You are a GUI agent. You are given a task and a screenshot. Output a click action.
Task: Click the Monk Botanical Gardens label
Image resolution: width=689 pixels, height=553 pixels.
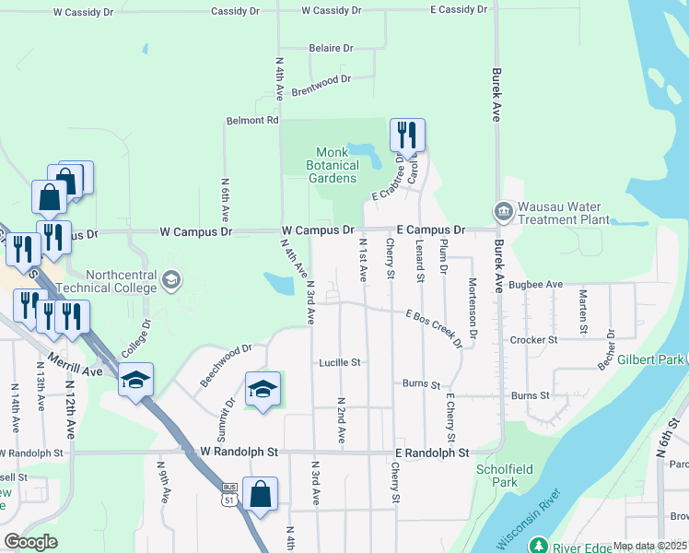pos(332,165)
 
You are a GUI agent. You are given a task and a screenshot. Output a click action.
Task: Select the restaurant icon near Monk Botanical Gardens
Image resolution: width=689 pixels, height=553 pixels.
pos(406,135)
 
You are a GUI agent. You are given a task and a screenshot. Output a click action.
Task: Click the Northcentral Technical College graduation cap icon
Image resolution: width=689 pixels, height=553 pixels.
pos(169,279)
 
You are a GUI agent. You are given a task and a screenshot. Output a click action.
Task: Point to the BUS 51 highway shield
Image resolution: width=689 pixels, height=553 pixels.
pos(229,494)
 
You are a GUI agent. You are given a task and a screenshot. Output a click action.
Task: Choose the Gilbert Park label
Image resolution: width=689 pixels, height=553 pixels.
pos(649,359)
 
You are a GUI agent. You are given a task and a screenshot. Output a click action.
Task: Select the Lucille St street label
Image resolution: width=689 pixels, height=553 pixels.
pos(340,362)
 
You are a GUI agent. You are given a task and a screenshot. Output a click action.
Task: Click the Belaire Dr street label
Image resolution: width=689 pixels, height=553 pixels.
pos(331,48)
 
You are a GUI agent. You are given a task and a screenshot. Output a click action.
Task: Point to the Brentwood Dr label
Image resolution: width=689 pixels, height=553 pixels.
pos(321,86)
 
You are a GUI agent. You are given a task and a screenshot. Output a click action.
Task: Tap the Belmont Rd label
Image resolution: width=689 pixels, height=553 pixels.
pos(252,121)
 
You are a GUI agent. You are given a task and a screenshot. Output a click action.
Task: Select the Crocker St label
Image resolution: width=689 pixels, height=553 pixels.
pos(534,340)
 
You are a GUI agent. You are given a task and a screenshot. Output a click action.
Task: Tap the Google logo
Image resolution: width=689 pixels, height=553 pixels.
pos(31,542)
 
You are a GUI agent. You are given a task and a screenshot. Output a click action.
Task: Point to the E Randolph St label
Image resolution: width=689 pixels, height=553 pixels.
pos(432,453)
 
